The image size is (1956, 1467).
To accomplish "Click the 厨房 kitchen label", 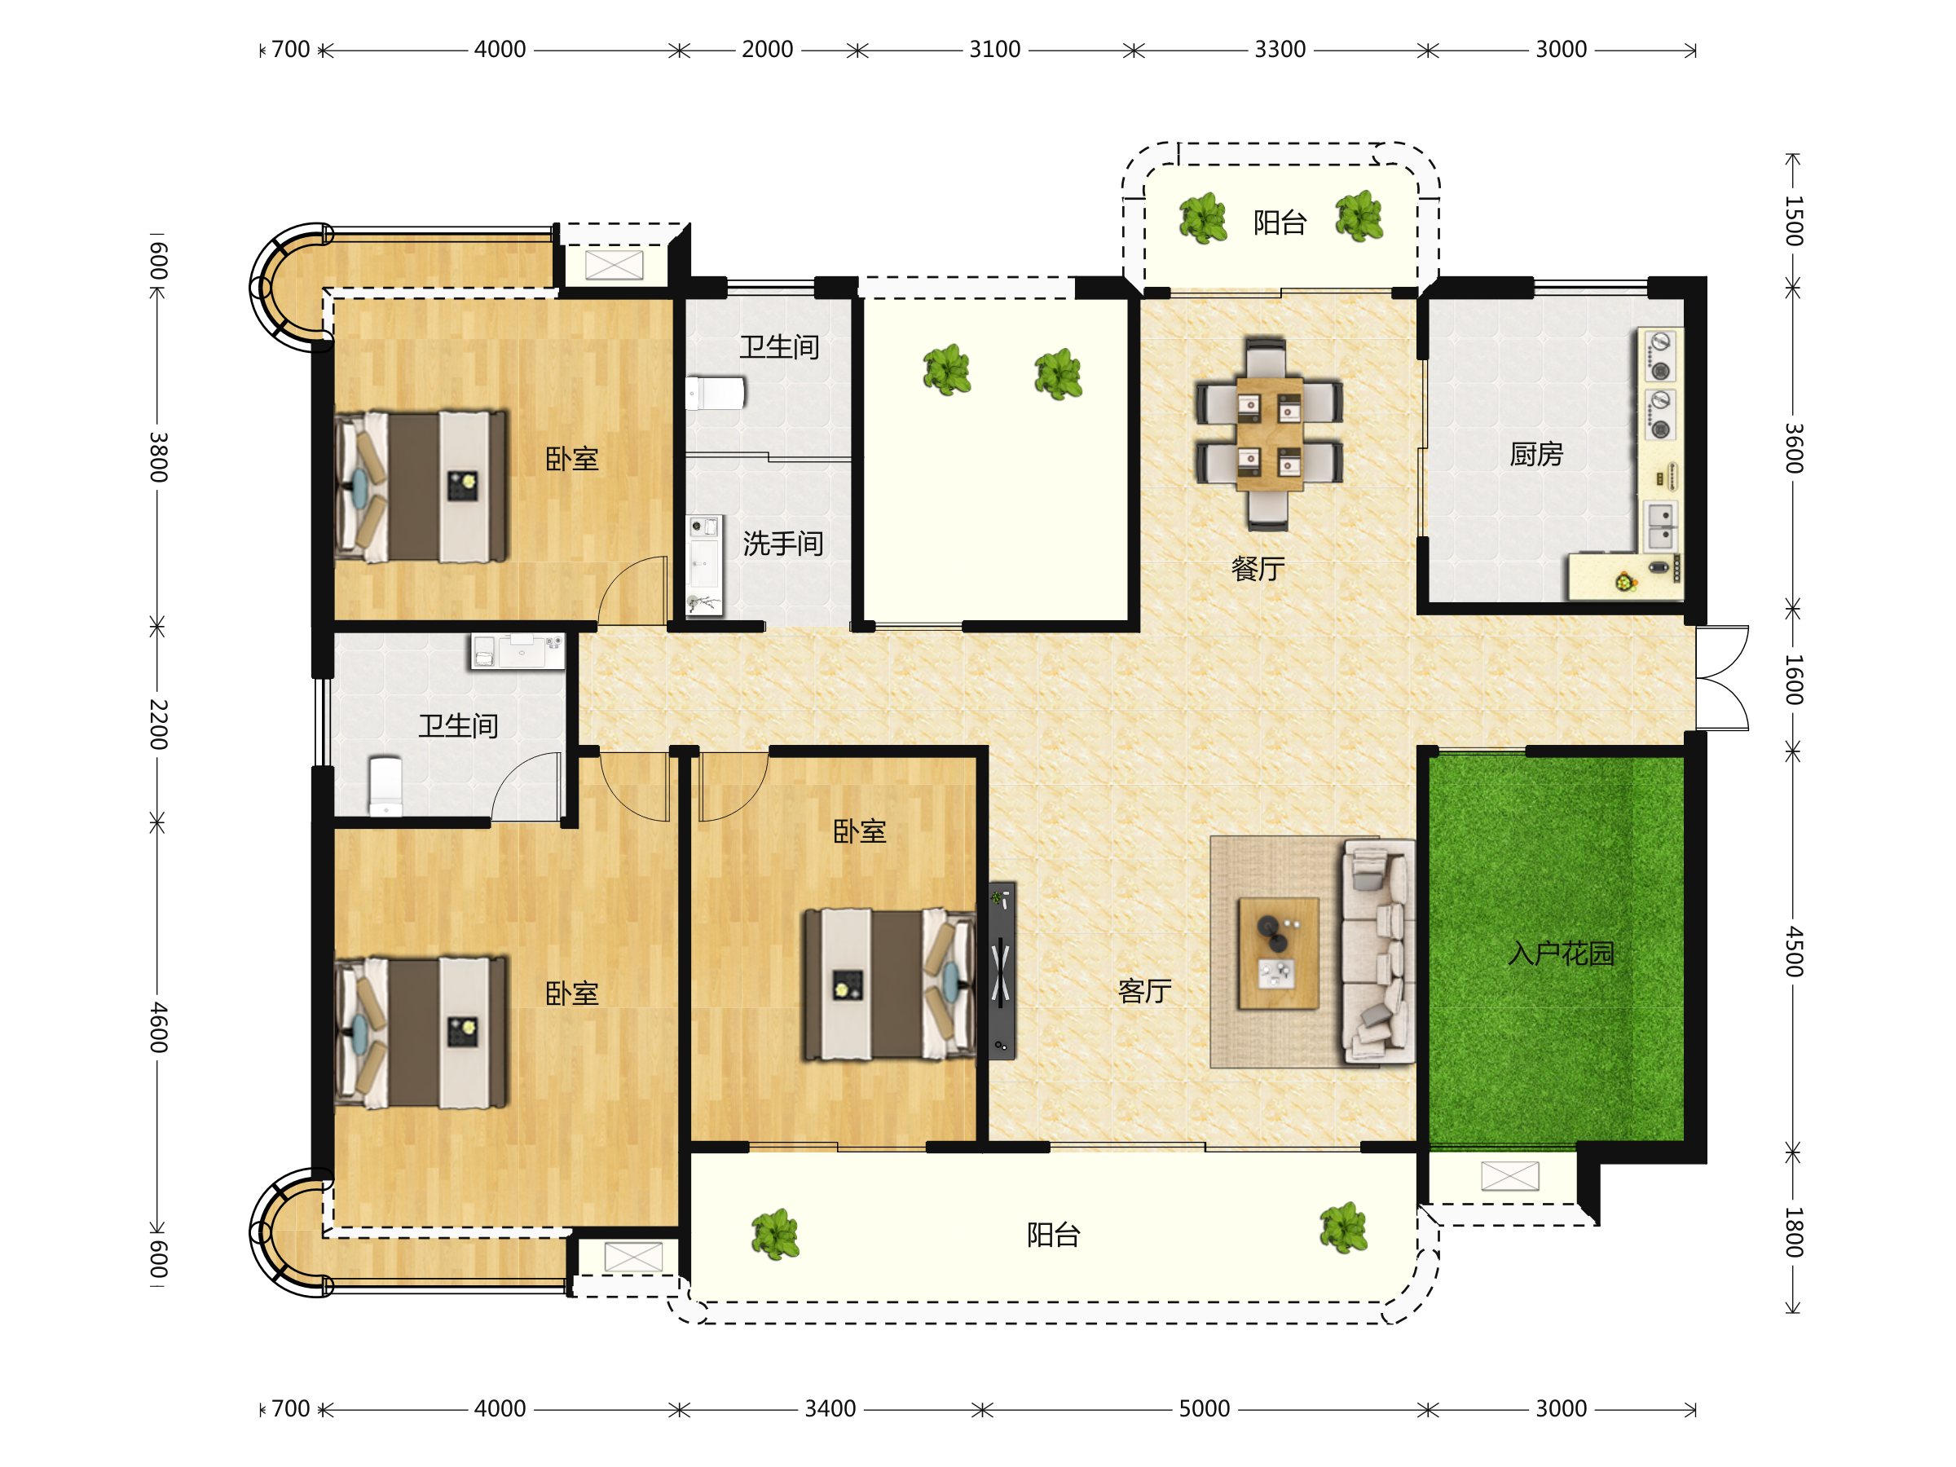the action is [1536, 455].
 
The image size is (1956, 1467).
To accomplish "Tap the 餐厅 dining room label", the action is [1258, 569].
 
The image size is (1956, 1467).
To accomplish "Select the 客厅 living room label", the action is [1144, 991].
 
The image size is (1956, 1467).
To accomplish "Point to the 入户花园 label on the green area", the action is [1562, 954].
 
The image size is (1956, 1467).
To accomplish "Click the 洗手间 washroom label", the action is [782, 544].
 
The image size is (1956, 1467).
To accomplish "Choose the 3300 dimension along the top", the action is [1280, 50].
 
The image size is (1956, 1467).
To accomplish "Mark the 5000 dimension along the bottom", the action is [1205, 1408].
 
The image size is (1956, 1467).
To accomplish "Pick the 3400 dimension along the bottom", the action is [830, 1408].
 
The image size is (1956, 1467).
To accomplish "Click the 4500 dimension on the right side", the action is [1793, 951].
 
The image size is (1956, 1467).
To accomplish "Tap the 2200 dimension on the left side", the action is [157, 725].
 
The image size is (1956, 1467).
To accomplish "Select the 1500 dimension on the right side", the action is [1793, 221].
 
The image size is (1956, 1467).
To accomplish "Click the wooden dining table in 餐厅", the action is [1269, 434].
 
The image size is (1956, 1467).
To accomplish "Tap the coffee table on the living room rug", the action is [1279, 954].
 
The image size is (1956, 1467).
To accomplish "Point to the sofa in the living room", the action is [1377, 950].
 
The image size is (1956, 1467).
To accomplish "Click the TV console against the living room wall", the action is [1002, 970].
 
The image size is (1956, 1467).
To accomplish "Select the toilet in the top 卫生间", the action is [716, 393].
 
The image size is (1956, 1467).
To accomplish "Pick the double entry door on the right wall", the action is [1721, 678].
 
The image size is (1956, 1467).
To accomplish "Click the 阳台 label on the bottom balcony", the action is [1053, 1235].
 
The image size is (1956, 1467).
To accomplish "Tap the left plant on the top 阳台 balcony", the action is [1203, 218].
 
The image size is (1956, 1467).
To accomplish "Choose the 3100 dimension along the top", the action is [995, 50].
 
